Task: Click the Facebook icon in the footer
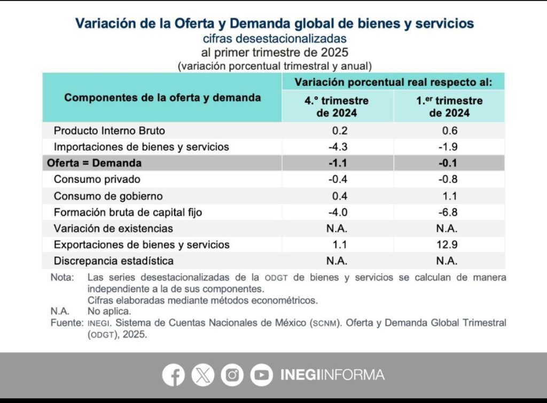pos(174,375)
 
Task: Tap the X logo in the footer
pos(202,375)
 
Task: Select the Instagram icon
pos(232,375)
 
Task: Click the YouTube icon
pos(261,375)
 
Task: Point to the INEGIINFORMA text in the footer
pos(332,375)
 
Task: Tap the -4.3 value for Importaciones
pos(337,146)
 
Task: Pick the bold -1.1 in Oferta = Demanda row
pos(337,163)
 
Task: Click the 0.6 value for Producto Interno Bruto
pos(449,130)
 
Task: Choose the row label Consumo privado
pos(97,179)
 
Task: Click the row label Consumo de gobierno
pos(108,196)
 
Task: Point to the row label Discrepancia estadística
pos(113,261)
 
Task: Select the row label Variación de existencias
pos(113,228)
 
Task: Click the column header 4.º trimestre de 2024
pos(337,107)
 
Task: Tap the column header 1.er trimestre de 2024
pos(449,107)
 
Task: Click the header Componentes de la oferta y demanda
pos(162,98)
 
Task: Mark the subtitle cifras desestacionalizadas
pos(275,38)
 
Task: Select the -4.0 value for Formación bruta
pos(337,212)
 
